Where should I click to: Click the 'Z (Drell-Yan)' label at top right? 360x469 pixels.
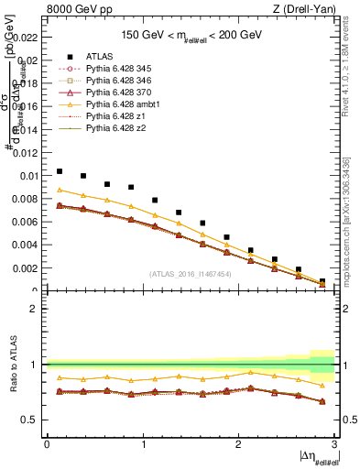309,8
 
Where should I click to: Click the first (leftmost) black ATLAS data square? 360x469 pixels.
60,171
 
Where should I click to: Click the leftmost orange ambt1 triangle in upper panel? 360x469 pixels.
60,190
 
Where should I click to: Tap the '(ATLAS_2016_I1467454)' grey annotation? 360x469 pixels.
191,274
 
